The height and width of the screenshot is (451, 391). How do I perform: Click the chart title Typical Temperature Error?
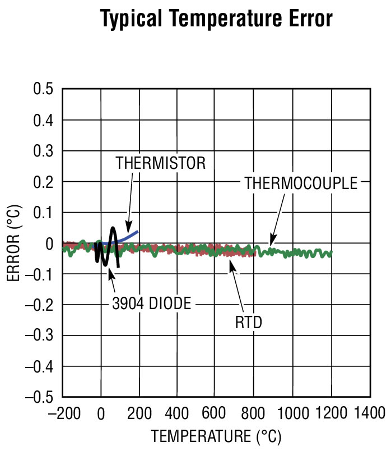tap(216, 19)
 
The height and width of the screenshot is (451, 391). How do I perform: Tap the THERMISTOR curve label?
tap(161, 163)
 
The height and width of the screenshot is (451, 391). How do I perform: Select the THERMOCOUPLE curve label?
tap(301, 183)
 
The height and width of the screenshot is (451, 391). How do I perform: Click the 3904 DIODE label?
tap(151, 304)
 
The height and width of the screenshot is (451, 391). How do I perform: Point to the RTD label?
tap(249, 323)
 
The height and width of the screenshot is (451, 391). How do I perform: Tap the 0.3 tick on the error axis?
tap(43, 151)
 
